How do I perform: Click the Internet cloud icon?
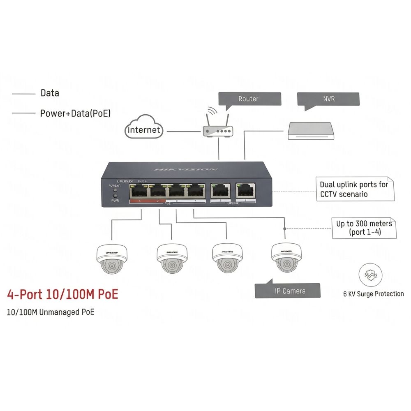tap(143, 128)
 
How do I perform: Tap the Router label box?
tap(249, 99)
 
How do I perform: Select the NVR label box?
tap(328, 99)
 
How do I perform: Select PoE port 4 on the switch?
tap(196, 192)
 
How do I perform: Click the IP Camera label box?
tap(288, 290)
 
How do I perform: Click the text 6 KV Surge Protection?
tap(373, 294)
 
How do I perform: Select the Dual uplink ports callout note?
tap(354, 189)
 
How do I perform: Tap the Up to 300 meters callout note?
tap(364, 228)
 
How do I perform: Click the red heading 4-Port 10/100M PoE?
tap(62, 295)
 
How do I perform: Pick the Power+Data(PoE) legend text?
tap(75, 113)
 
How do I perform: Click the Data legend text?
tap(50, 93)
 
